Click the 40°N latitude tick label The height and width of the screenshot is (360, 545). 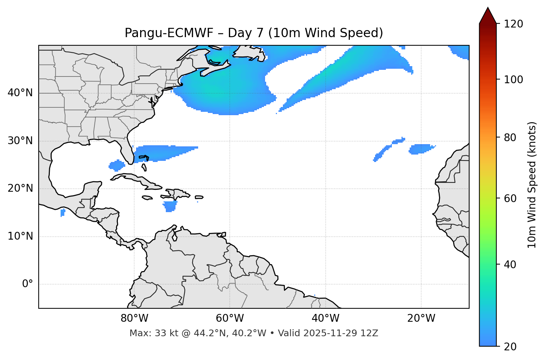click(x=20, y=93)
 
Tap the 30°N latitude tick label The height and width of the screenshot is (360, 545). click(x=20, y=141)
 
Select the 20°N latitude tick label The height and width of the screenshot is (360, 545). click(x=20, y=188)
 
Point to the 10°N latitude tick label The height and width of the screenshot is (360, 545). click(x=20, y=236)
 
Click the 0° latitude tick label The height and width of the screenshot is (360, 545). click(x=28, y=284)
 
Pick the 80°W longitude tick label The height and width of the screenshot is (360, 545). click(x=134, y=318)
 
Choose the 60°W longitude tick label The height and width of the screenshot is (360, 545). click(x=230, y=318)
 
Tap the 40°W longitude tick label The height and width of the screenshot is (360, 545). click(x=325, y=318)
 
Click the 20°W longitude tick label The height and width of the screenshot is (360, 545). click(x=421, y=318)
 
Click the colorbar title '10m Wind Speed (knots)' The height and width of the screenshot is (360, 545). click(x=532, y=185)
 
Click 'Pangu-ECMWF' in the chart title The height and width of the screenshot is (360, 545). click(x=169, y=33)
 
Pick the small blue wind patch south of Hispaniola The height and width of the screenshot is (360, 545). click(x=170, y=206)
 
